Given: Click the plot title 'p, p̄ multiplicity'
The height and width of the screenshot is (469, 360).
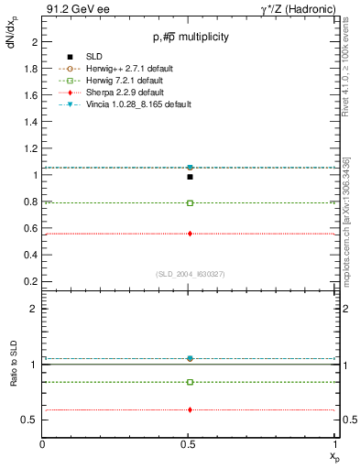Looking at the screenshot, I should tap(191, 37).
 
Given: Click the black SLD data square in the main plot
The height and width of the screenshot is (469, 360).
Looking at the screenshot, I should tap(190, 176).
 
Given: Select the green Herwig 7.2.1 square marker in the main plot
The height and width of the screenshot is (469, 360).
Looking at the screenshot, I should tap(190, 202).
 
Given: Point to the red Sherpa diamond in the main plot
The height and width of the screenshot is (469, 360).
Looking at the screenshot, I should tap(190, 234).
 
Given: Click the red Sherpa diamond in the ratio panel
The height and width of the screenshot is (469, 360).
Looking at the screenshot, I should tap(190, 409).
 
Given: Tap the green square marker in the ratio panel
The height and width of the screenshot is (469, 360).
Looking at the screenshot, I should tap(190, 382).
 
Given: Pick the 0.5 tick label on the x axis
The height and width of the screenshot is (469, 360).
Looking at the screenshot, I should tap(190, 444).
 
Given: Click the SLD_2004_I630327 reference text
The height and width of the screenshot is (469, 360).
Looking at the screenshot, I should tap(190, 273).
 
